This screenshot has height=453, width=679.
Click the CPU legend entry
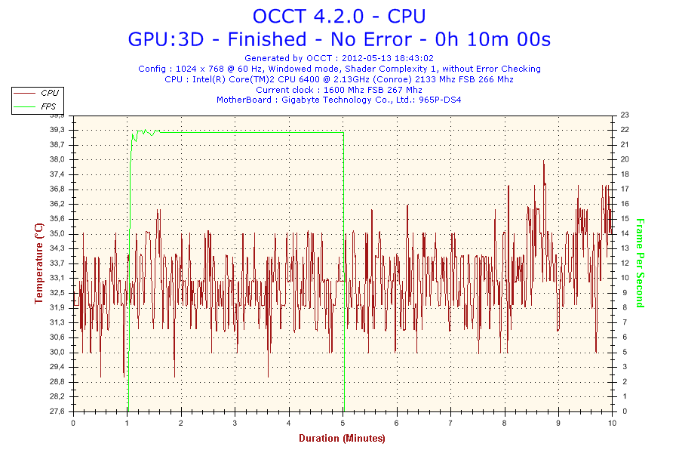pyautogui.click(x=37, y=93)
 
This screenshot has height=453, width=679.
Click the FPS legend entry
pyautogui.click(x=37, y=106)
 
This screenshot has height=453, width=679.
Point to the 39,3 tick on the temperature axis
pyautogui.click(x=57, y=130)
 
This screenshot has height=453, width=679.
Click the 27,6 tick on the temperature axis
pyautogui.click(x=57, y=411)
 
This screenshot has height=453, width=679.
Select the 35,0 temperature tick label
pyautogui.click(x=57, y=233)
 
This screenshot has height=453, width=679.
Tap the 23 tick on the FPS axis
pyautogui.click(x=625, y=116)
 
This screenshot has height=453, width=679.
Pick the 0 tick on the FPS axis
pyautogui.click(x=625, y=411)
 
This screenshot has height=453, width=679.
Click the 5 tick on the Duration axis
pyautogui.click(x=343, y=423)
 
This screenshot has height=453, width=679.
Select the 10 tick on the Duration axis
pyautogui.click(x=612, y=423)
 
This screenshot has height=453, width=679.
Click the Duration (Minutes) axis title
pyautogui.click(x=342, y=438)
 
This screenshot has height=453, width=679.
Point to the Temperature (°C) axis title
pyautogui.click(x=39, y=263)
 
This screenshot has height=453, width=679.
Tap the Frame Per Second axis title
pyautogui.click(x=640, y=263)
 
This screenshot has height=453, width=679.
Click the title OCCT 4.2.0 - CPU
pyautogui.click(x=339, y=17)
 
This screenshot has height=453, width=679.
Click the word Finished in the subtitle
pyautogui.click(x=267, y=39)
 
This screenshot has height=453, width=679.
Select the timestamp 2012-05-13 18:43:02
pyautogui.click(x=388, y=58)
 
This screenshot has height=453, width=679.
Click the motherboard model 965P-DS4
pyautogui.click(x=440, y=100)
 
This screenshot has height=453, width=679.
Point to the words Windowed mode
pyautogui.click(x=303, y=69)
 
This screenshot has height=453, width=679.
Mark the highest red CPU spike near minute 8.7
pyautogui.click(x=543, y=160)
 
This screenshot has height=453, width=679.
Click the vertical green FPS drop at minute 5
pyautogui.click(x=344, y=272)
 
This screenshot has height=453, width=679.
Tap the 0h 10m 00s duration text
pyautogui.click(x=493, y=39)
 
